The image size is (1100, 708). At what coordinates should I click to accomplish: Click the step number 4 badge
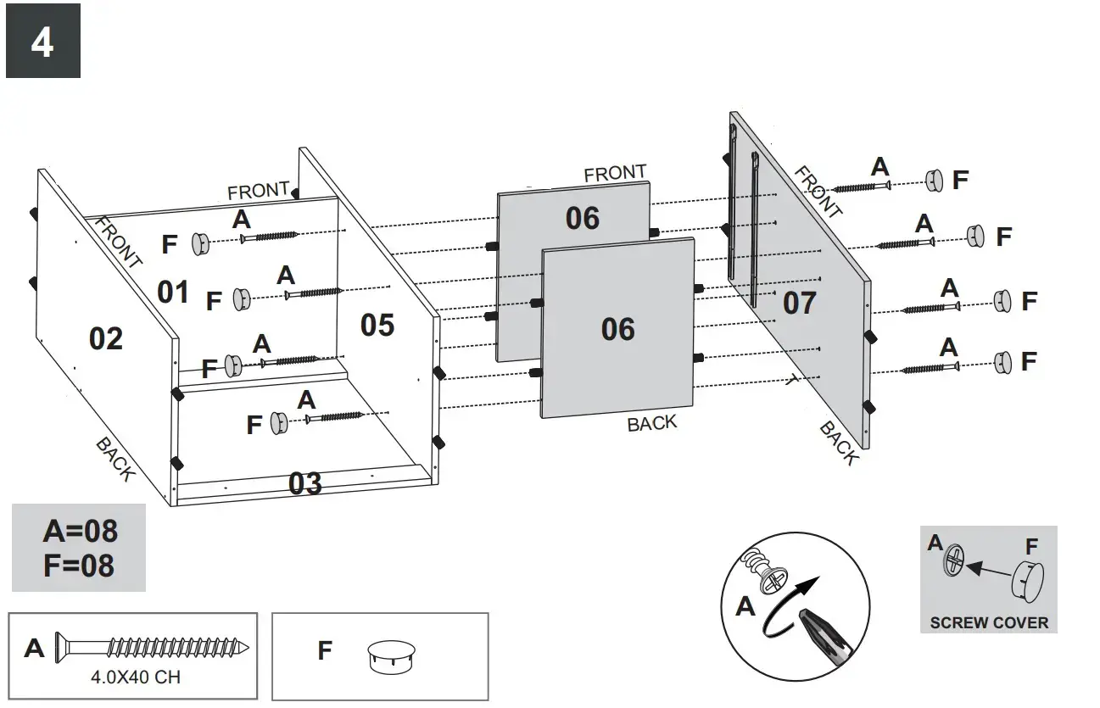(42, 41)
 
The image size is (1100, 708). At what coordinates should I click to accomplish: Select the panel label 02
(106, 338)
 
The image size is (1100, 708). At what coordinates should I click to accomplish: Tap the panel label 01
(173, 292)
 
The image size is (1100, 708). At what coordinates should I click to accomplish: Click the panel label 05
(377, 324)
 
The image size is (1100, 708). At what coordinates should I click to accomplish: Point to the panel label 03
(305, 483)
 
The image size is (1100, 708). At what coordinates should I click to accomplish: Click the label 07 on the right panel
(799, 303)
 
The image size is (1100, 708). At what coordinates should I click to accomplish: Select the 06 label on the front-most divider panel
(617, 329)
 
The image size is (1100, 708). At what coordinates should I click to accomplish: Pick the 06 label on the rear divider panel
(583, 218)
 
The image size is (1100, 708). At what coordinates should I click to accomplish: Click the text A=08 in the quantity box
(80, 532)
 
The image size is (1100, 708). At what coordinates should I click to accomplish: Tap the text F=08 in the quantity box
(80, 565)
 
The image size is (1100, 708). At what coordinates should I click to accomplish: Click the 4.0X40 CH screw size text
(135, 677)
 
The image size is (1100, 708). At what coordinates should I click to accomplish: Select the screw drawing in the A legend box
(153, 649)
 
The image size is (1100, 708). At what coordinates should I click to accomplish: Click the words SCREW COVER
(988, 622)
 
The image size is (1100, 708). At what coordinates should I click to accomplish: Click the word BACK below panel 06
(651, 423)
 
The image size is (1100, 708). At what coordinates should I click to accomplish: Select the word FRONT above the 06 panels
(615, 173)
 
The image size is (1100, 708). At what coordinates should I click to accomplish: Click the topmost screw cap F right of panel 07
(934, 180)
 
